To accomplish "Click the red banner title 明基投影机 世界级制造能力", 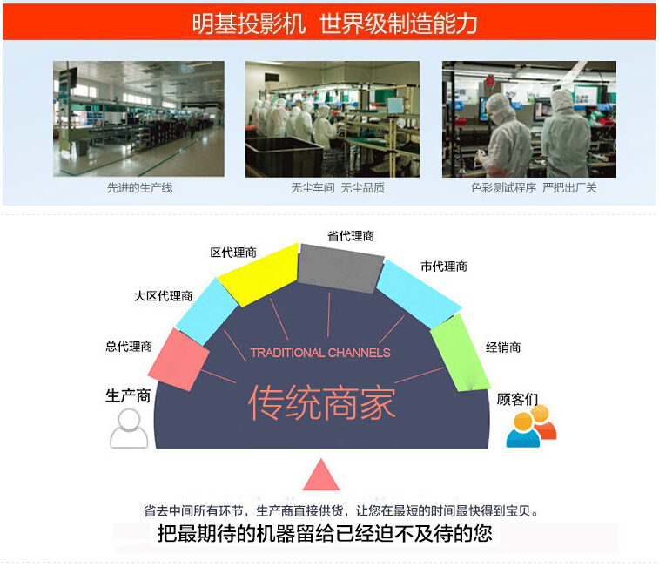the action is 334,24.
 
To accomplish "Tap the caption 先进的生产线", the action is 139,187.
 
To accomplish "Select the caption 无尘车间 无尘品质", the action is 338,187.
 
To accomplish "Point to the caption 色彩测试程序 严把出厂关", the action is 534,187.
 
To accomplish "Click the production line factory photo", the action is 138,119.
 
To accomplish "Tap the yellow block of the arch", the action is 258,274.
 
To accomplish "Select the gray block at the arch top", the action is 340,268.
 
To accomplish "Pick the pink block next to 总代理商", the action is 178,360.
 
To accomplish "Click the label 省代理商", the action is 351,236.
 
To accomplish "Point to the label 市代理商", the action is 444,267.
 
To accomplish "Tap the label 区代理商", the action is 233,253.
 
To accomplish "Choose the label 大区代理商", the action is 163,296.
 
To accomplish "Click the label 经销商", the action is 503,347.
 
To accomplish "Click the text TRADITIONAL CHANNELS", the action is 320,353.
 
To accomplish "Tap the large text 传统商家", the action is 321,403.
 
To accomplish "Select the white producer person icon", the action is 129,429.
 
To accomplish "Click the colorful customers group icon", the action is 531,426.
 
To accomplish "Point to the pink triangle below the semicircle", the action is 321,475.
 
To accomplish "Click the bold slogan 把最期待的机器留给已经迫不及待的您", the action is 325,534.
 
